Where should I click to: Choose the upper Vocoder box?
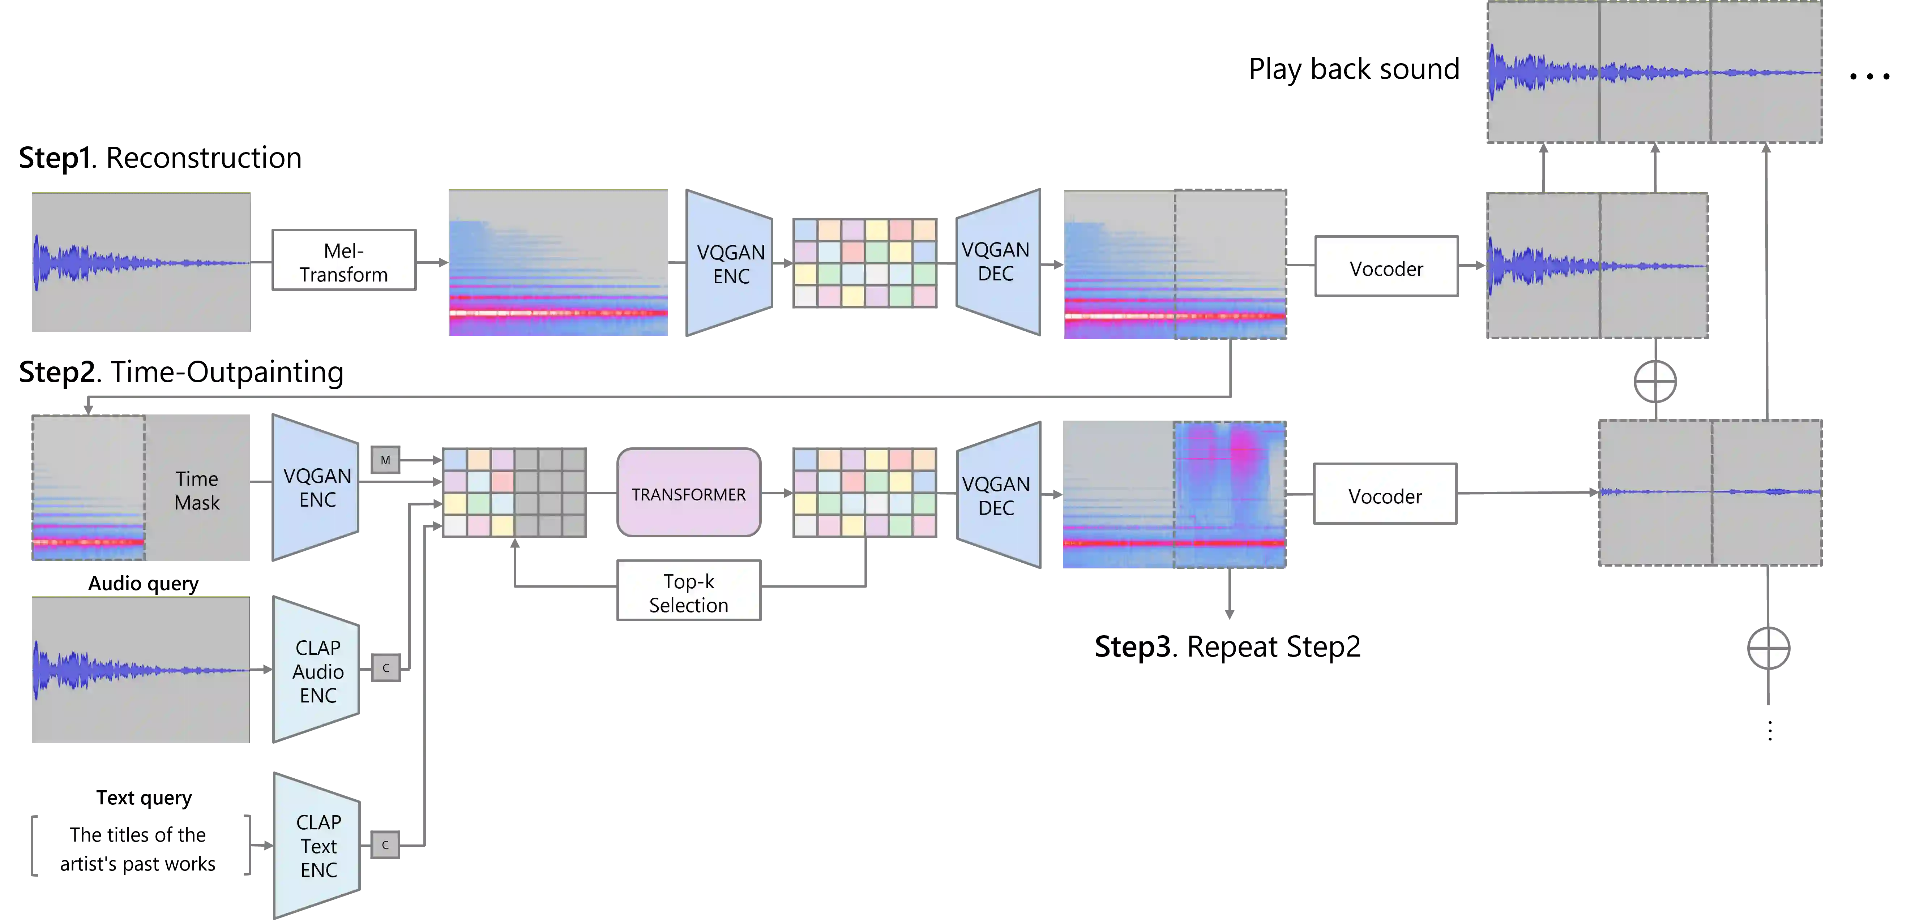pyautogui.click(x=1386, y=267)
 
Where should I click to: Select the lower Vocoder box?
pyautogui.click(x=1384, y=495)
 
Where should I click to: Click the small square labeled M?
pyautogui.click(x=385, y=460)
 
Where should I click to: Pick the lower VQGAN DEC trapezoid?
pyautogui.click(x=997, y=495)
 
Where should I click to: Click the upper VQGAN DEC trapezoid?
pyautogui.click(x=996, y=262)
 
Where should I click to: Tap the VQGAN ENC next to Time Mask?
pyautogui.click(x=317, y=487)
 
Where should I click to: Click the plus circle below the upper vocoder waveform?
pyautogui.click(x=1655, y=382)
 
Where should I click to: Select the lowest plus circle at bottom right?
pyautogui.click(x=1769, y=648)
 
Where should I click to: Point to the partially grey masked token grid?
pyautogui.click(x=514, y=492)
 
